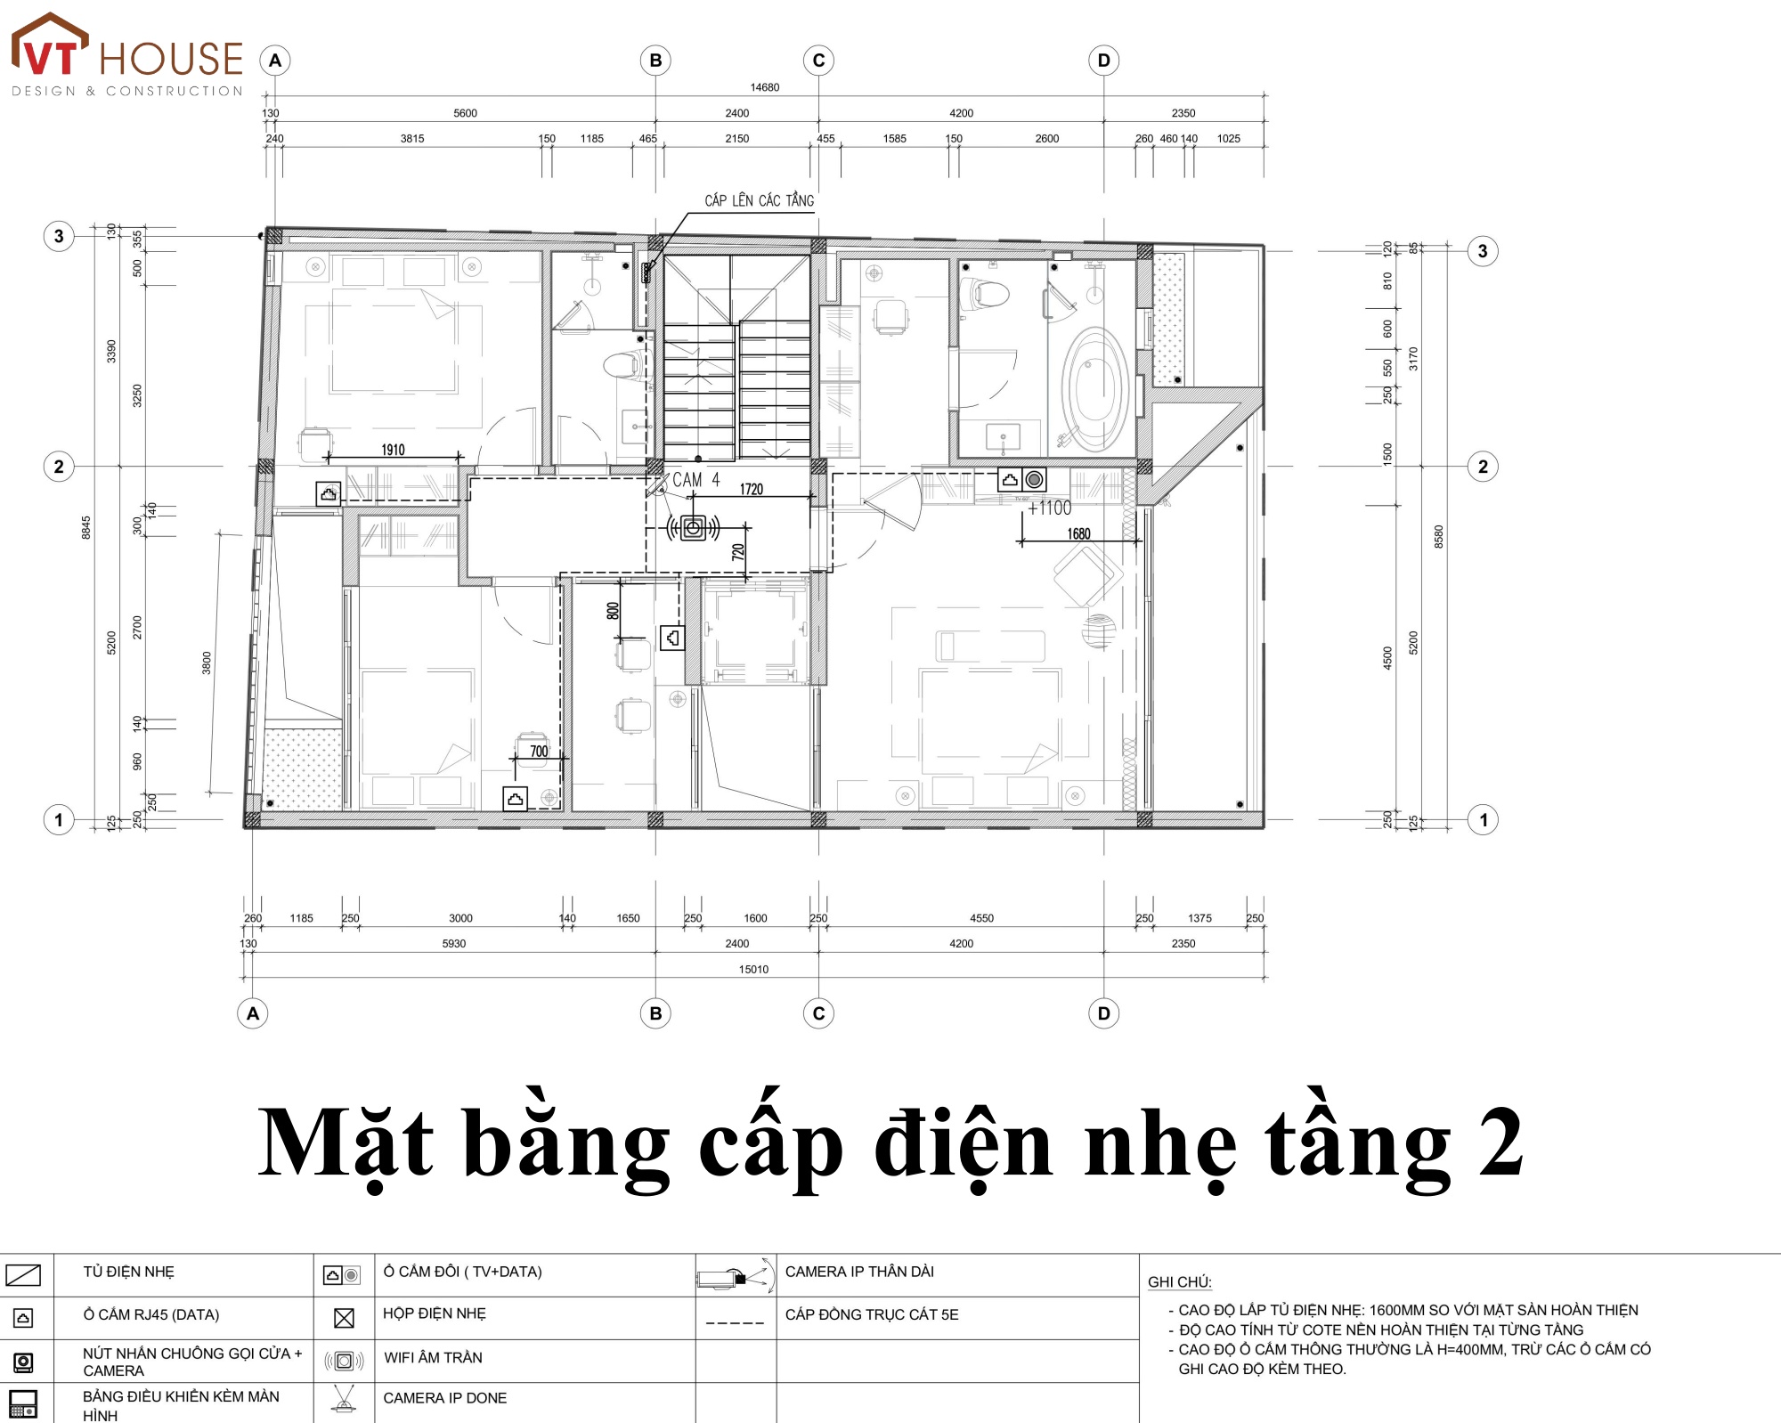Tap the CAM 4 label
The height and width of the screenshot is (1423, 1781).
pos(695,480)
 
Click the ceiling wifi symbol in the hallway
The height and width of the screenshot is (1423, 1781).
pos(694,528)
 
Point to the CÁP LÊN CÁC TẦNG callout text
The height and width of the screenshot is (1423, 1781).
pos(759,200)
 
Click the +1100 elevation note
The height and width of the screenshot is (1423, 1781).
pos(1050,508)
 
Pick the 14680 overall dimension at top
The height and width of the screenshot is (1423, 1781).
pos(764,87)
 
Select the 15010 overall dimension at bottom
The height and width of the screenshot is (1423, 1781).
pos(753,969)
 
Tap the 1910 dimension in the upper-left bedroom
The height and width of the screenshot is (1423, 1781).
pos(393,450)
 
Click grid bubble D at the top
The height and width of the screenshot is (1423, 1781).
pos(1104,61)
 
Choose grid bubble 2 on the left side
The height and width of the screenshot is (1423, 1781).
pos(59,467)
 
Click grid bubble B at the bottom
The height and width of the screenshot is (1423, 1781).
pos(656,1013)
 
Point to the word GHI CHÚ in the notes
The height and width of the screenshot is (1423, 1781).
pos(1180,1282)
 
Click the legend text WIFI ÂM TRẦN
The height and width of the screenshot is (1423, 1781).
pos(433,1358)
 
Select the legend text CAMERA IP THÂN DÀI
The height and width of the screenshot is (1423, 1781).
pos(859,1272)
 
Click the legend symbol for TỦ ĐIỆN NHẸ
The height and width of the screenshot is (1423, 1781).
pos(23,1275)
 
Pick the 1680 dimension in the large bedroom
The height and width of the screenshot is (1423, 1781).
pos(1078,534)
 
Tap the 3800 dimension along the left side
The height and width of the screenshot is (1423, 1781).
pos(207,663)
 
